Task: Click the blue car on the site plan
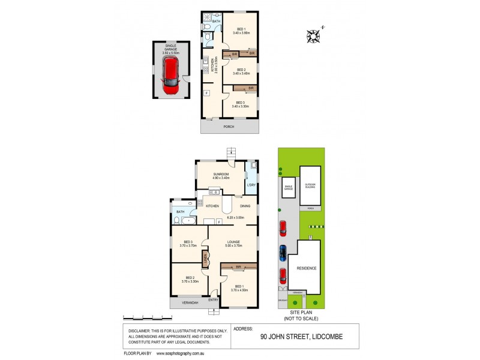point(283,253)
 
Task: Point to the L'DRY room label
point(251,185)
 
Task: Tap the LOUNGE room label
point(233,242)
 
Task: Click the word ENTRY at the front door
point(213,299)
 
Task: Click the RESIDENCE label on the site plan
point(305,268)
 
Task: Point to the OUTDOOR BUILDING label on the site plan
point(310,185)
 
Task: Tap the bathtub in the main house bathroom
point(188,220)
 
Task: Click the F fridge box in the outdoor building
point(206,93)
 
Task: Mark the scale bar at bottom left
point(143,317)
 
